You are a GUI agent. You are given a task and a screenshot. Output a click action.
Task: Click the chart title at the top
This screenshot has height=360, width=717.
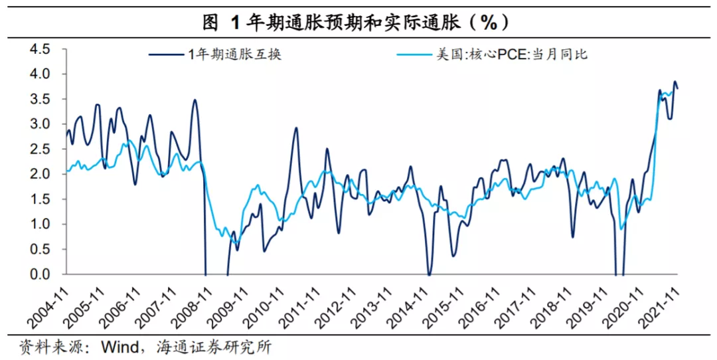coord(358,21)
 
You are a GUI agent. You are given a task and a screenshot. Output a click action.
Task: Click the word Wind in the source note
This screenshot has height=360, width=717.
coord(118,346)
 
